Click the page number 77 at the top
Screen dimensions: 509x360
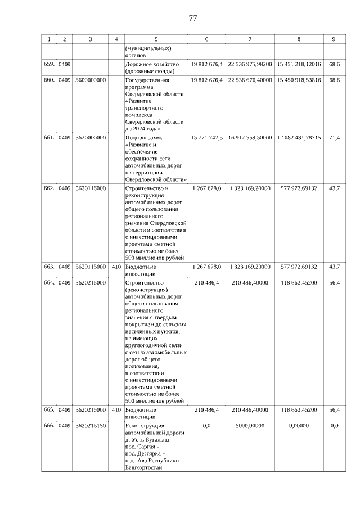(192, 19)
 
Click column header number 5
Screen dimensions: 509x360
(156, 39)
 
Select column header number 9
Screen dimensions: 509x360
(334, 39)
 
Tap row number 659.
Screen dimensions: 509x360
(49, 65)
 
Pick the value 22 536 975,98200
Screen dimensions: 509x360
(250, 65)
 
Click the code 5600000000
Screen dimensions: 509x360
(91, 80)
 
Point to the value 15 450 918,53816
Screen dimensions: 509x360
(299, 80)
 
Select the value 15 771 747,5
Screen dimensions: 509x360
(207, 137)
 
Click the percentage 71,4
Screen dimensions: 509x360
(334, 137)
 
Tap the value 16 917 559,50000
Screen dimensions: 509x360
(250, 137)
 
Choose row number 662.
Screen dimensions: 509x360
(49, 188)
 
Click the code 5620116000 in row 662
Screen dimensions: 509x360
(91, 188)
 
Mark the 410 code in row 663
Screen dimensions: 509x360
(116, 267)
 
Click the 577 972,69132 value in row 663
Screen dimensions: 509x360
(299, 267)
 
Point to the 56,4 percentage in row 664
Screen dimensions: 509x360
(334, 282)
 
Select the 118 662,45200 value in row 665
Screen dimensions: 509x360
(299, 410)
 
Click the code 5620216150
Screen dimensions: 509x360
(91, 426)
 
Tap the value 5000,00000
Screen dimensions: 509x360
(250, 426)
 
